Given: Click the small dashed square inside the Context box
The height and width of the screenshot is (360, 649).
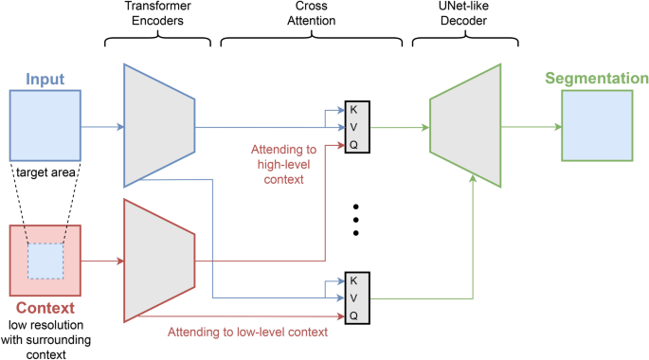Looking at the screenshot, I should [45, 261].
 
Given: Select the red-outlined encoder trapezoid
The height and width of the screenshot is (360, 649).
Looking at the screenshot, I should [158, 261].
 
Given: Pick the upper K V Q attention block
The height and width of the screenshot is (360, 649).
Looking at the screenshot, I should [354, 126].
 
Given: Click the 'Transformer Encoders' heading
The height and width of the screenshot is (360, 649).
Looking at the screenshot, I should [158, 20].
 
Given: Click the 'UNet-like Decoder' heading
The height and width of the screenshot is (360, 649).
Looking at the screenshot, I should [464, 20].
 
